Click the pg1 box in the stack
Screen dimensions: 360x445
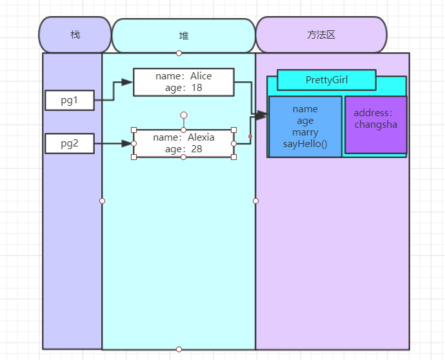point(70,100)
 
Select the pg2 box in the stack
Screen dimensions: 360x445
point(70,143)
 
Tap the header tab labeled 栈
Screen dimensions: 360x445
point(75,34)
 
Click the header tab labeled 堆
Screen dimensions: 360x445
point(184,35)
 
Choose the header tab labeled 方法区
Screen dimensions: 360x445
point(321,34)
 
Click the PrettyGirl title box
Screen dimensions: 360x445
point(326,80)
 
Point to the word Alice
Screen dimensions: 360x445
point(201,76)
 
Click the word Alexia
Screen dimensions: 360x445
point(201,137)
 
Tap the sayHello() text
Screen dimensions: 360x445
point(305,143)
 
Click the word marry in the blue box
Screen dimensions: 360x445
point(305,132)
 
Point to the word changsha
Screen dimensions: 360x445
point(376,125)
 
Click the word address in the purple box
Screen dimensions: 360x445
point(371,113)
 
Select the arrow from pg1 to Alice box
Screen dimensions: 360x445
point(114,91)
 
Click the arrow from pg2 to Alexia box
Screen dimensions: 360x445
point(114,143)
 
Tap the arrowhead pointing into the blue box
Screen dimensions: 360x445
point(261,115)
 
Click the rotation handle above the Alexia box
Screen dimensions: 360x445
point(184,115)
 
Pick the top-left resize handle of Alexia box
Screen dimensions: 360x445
point(133,130)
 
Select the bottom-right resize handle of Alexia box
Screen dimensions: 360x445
point(233,157)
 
